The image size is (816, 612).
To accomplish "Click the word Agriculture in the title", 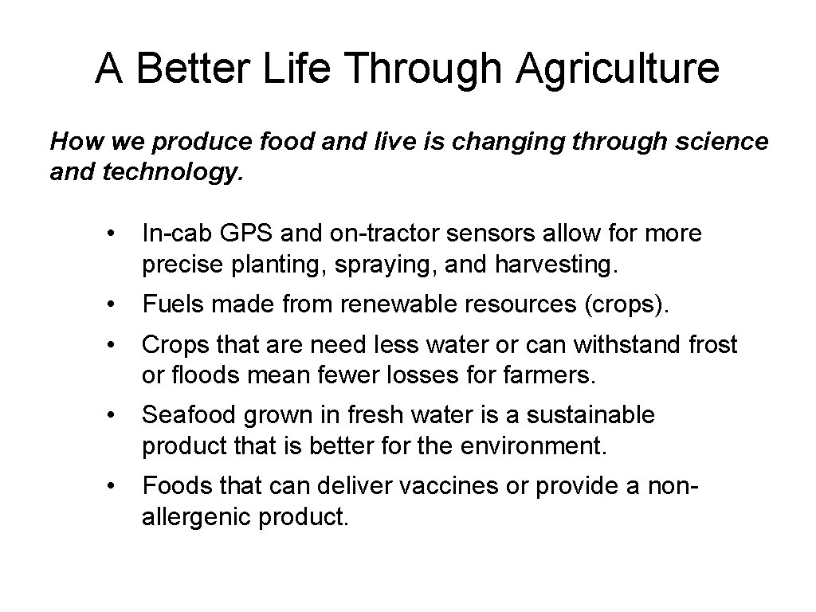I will pyautogui.click(x=618, y=69).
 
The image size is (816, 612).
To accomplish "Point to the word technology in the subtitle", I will pyautogui.click(x=170, y=173).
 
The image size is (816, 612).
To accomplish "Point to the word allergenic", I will pyautogui.click(x=196, y=516).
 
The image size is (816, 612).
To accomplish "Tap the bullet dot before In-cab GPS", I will pyautogui.click(x=116, y=234).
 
